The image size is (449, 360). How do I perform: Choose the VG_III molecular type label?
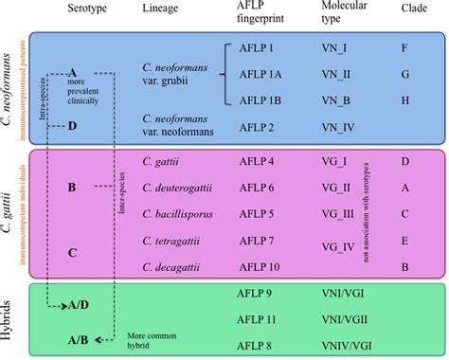tap(342, 212)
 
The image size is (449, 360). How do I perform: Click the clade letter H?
tap(405, 99)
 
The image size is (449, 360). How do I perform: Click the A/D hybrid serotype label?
tap(81, 305)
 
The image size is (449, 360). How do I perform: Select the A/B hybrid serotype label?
tap(81, 339)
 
